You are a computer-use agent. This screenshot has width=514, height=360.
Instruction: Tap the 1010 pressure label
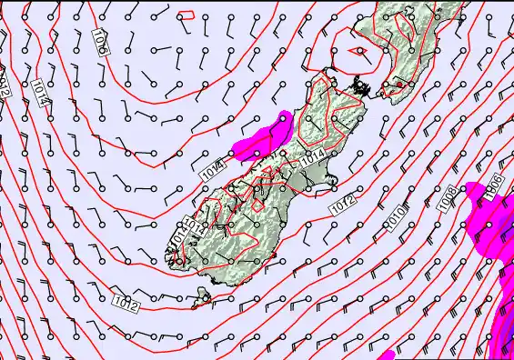pyautogui.click(x=396, y=217)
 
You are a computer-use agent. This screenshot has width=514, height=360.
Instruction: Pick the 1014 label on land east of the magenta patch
pyautogui.click(x=312, y=156)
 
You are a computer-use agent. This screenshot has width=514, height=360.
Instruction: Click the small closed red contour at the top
pyautogui.click(x=187, y=15)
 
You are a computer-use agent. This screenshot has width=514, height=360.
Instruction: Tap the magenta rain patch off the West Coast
pyautogui.click(x=265, y=135)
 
